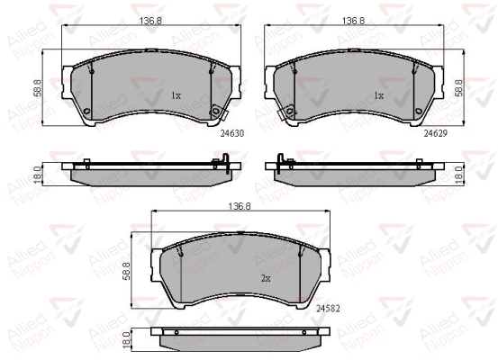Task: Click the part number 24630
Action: pyautogui.click(x=232, y=134)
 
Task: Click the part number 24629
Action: pyautogui.click(x=436, y=134)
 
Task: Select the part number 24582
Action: pyautogui.click(x=328, y=309)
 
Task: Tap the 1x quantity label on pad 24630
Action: pyautogui.click(x=176, y=95)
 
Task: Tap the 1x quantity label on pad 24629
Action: pyautogui.click(x=379, y=95)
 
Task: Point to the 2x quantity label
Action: pyautogui.click(x=266, y=278)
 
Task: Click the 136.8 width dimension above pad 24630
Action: pyautogui.click(x=150, y=21)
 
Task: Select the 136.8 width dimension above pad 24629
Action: pyautogui.click(x=354, y=21)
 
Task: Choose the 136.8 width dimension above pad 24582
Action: pyautogui.click(x=240, y=206)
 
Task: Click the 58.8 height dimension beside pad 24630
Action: pyautogui.click(x=38, y=87)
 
